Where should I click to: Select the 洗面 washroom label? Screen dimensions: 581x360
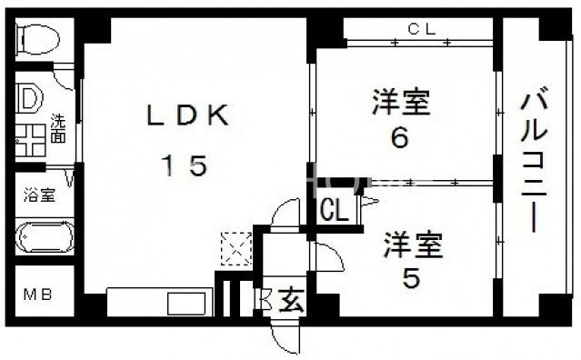point(57,127)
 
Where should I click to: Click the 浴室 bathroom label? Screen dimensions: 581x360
point(38,195)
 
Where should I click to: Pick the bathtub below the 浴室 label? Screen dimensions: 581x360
point(44,237)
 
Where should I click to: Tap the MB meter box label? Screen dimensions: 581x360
point(37,296)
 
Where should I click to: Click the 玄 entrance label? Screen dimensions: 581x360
point(291,297)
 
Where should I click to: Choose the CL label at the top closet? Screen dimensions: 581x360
point(421,28)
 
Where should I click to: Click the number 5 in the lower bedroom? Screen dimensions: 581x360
point(411,278)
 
